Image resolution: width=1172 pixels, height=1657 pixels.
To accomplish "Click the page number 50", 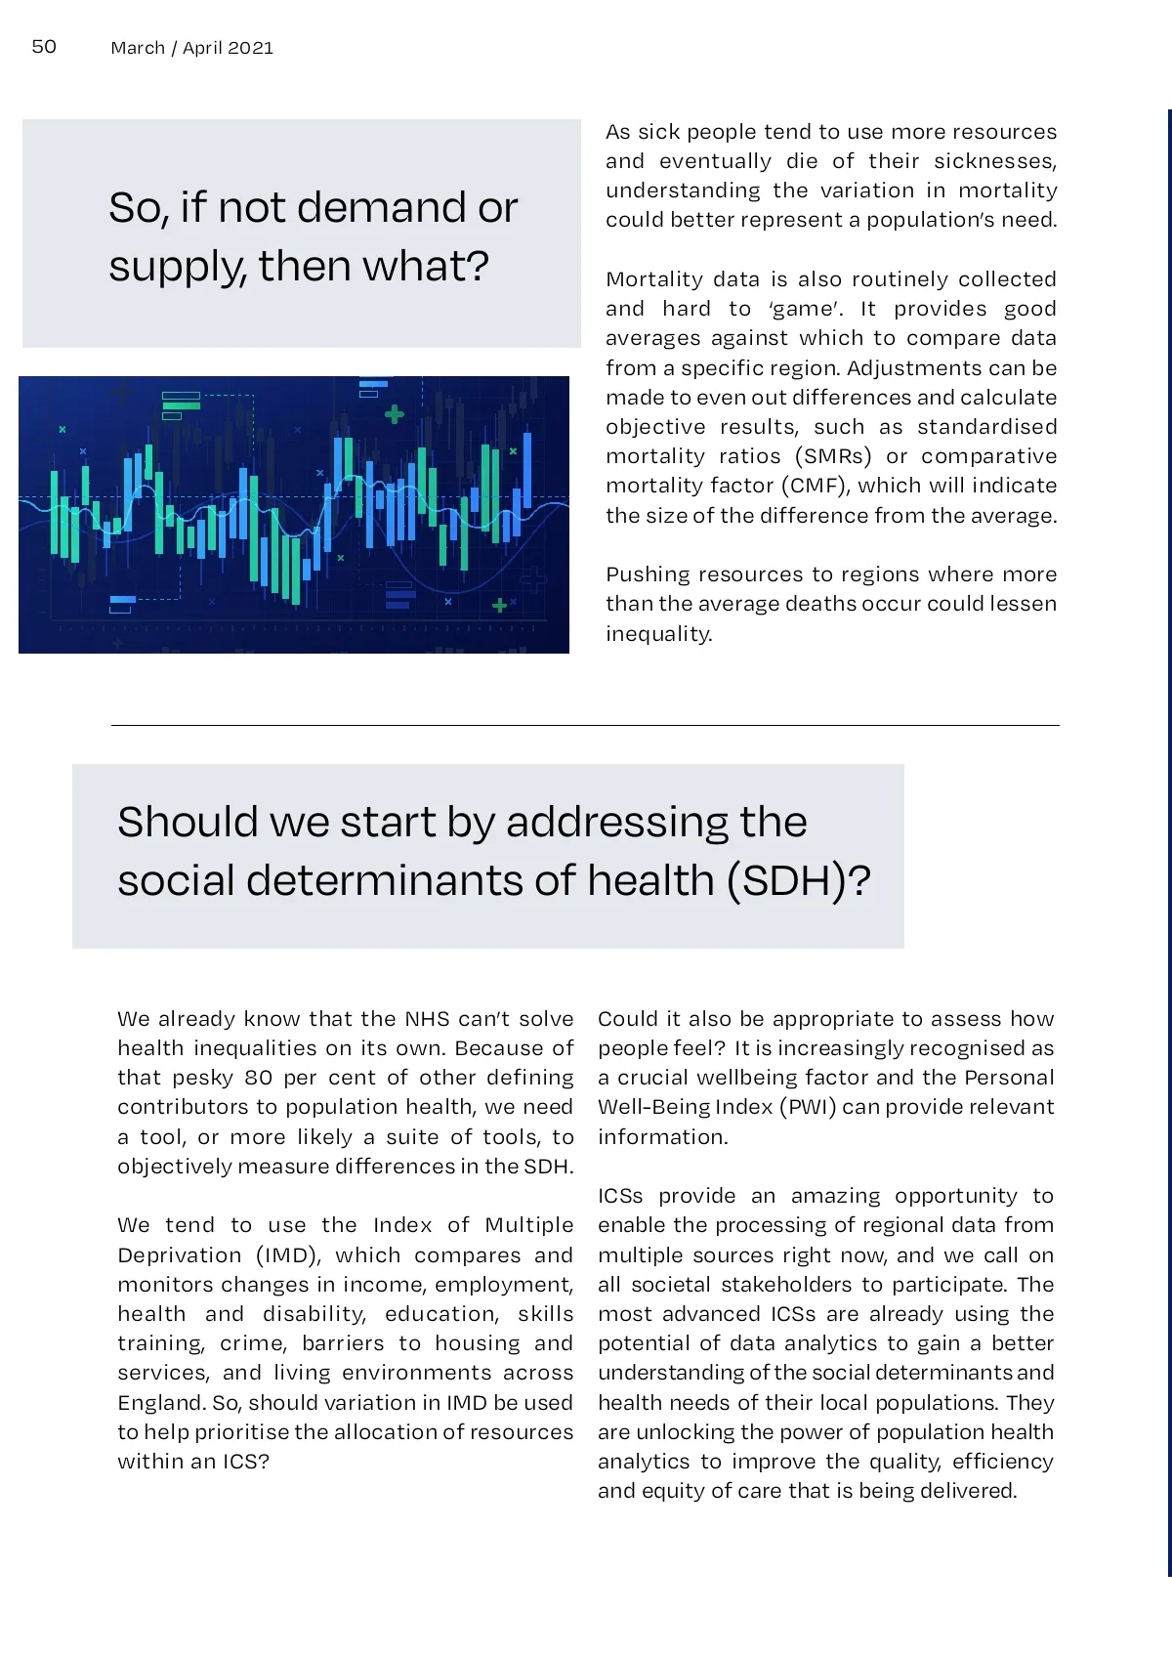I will (x=44, y=47).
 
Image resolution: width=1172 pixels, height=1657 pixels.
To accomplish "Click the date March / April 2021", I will (x=191, y=48).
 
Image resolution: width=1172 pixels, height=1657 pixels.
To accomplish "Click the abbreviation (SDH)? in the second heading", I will (x=798, y=881).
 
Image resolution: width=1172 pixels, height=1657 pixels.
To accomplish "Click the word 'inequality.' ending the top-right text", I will (x=659, y=634).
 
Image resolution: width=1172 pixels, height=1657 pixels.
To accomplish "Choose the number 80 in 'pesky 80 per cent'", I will (x=259, y=1078).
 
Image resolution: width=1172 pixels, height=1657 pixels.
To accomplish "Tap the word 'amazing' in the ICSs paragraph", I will (x=835, y=1196).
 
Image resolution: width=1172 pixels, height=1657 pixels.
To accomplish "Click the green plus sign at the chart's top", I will (x=395, y=414).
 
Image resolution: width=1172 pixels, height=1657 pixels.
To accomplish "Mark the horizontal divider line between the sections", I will (x=585, y=726).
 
